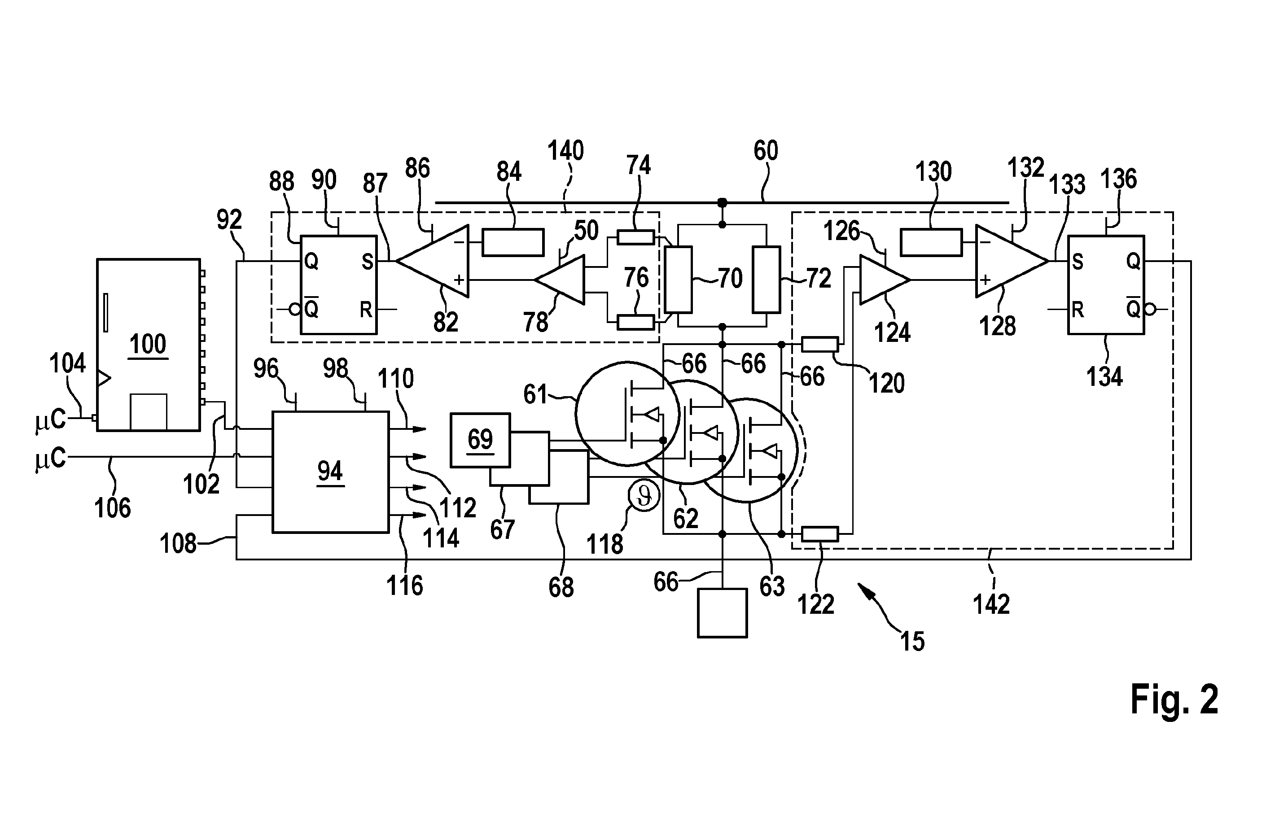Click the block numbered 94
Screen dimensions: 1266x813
pos(330,472)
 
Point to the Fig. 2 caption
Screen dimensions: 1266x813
pos(1174,699)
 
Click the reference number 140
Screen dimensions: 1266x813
pos(565,151)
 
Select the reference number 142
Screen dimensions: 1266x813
pos(991,604)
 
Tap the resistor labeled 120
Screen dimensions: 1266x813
pos(820,344)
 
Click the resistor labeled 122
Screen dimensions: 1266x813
pos(820,534)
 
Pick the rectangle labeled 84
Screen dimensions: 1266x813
pos(513,242)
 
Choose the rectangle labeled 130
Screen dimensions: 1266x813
pos(931,242)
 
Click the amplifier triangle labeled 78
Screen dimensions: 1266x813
pos(560,280)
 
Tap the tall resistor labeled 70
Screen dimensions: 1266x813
pos(678,279)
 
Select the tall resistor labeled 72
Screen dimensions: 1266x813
pos(767,279)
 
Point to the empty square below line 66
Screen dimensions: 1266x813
pos(722,613)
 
